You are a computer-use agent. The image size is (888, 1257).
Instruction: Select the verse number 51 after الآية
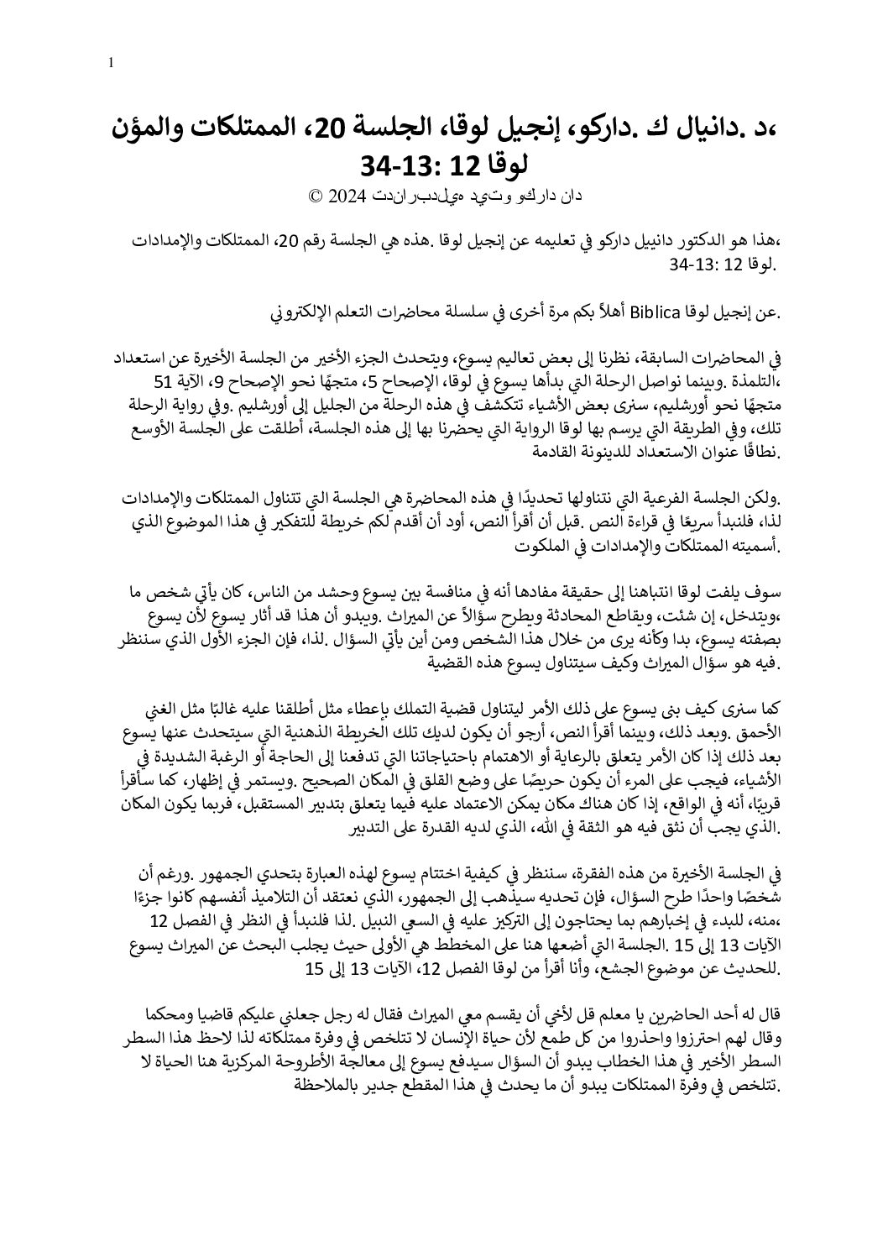[156, 383]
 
